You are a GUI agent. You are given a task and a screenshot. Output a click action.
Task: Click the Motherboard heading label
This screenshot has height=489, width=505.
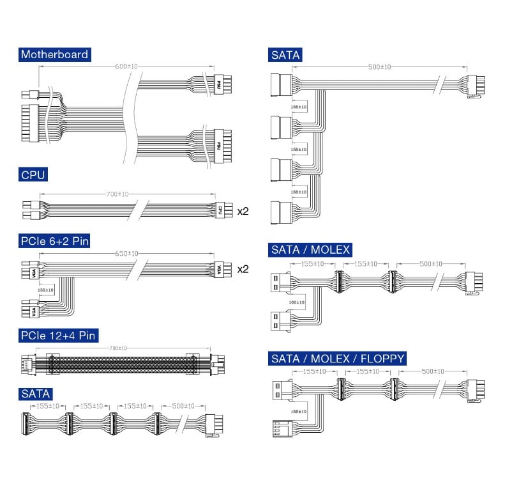[x=54, y=54]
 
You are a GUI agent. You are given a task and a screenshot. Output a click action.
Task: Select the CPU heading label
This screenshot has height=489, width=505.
[x=33, y=175]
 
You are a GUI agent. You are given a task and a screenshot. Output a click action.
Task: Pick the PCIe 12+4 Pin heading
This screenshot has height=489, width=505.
[x=59, y=336]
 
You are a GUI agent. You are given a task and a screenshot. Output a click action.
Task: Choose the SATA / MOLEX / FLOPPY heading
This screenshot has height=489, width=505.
[x=338, y=358]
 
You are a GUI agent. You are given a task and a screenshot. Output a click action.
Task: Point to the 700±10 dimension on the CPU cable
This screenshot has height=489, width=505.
[x=116, y=193]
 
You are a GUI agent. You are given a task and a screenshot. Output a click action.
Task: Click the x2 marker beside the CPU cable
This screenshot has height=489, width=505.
[x=243, y=210]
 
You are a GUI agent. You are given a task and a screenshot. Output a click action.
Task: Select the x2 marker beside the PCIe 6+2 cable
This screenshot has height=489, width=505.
[x=243, y=269]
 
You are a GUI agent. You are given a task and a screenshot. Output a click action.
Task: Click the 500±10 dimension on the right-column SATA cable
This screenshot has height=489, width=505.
[x=379, y=67]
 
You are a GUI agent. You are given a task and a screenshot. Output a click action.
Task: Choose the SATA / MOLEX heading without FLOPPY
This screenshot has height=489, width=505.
[x=310, y=249]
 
